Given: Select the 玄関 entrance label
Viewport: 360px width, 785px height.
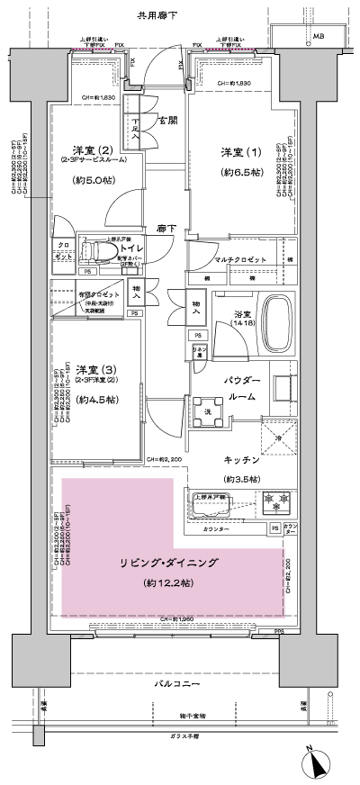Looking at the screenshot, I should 168,120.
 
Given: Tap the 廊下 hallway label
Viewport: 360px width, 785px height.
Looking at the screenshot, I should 164,229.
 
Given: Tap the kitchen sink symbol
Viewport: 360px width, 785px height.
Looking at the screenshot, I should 211,504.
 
